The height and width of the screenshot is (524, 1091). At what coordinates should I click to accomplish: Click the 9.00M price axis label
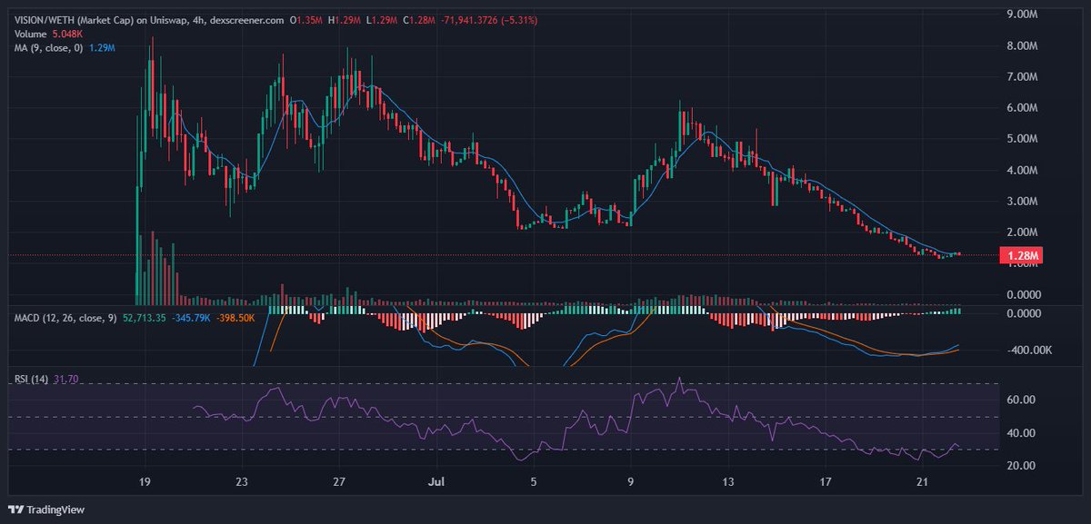click(x=1022, y=15)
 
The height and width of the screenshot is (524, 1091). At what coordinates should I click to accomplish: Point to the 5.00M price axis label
click(x=1022, y=139)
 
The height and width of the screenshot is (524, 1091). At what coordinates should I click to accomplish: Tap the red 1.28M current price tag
click(x=1020, y=256)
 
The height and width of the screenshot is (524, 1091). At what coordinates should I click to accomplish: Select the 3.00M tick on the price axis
click(x=1022, y=201)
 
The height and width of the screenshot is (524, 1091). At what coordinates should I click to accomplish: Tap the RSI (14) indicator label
click(x=33, y=381)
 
